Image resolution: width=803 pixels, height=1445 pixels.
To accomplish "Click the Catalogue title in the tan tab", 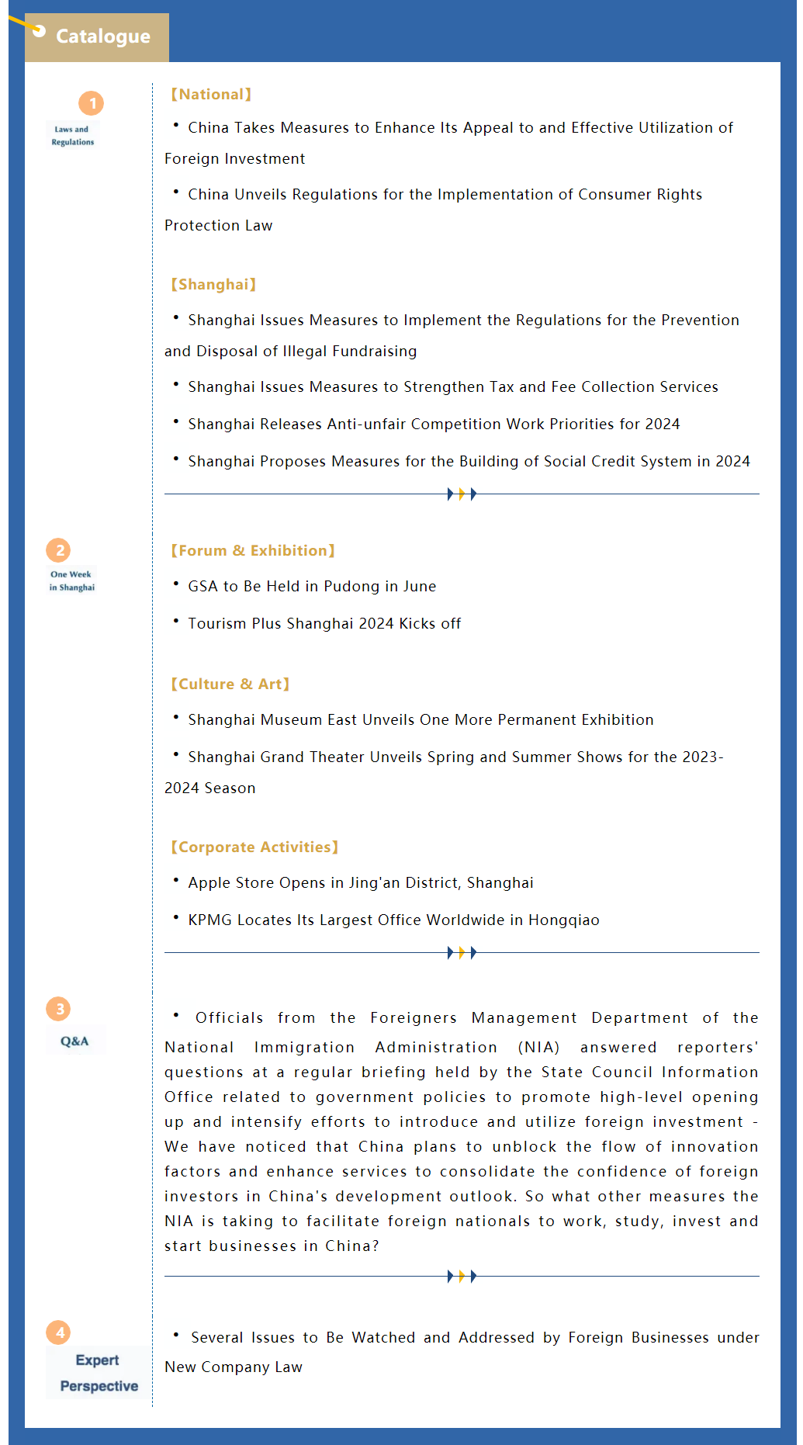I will point(103,36).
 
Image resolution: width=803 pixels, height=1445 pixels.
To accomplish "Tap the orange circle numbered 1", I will point(92,103).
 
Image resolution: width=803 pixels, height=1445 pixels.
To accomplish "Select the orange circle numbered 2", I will point(59,550).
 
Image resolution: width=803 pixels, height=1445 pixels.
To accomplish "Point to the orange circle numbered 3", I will point(59,1009).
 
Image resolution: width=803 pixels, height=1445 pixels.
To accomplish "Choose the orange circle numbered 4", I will point(59,1332).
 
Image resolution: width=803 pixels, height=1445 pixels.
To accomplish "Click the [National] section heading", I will point(211,95).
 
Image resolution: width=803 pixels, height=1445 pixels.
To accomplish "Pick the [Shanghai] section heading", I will point(213,285).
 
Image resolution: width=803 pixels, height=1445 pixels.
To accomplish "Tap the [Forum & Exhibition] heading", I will point(253,551).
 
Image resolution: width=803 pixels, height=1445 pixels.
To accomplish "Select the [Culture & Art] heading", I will point(230,684).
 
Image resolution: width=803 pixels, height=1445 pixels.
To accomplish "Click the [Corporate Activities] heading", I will point(254,847).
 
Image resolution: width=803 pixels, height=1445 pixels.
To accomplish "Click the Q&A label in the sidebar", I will point(74,1041).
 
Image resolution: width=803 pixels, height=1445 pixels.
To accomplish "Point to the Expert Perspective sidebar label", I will point(99,1373).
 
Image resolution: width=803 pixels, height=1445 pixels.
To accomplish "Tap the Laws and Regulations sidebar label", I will point(72,136).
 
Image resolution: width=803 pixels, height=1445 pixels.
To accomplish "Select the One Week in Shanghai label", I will point(71,581).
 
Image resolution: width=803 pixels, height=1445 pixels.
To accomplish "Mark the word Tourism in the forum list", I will point(216,624).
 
